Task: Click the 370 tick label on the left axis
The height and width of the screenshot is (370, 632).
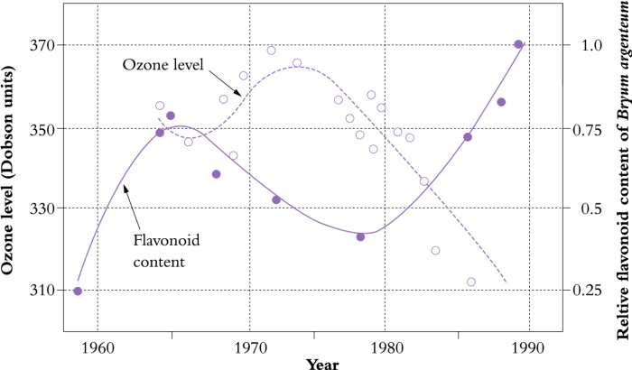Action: pos(40,45)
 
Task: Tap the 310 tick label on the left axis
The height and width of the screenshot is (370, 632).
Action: pos(40,290)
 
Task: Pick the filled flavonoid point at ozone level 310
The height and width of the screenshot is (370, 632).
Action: pos(78,291)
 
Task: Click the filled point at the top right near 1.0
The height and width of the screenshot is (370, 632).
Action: pos(518,44)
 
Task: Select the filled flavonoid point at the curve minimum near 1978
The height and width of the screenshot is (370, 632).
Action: pos(360,237)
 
